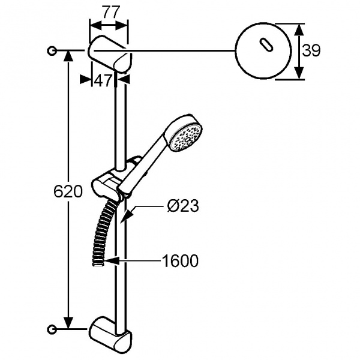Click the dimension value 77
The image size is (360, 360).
click(111, 12)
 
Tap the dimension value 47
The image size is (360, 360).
click(103, 80)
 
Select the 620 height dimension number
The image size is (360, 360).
click(68, 191)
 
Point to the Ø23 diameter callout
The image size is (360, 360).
click(183, 205)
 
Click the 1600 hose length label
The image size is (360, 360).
click(180, 261)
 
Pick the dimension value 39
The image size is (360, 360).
click(311, 50)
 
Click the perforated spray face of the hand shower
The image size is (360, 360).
click(186, 137)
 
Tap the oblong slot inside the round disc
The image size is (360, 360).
click(266, 44)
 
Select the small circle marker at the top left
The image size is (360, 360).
click(52, 50)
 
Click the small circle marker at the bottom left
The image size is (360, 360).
click(52, 329)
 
